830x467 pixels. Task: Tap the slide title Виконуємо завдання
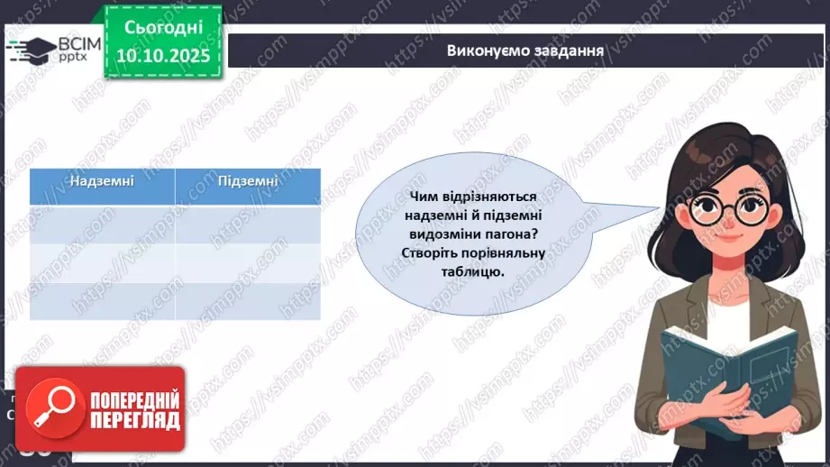click(524, 50)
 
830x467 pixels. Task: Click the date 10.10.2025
click(163, 55)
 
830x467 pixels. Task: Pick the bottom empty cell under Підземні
click(248, 300)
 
